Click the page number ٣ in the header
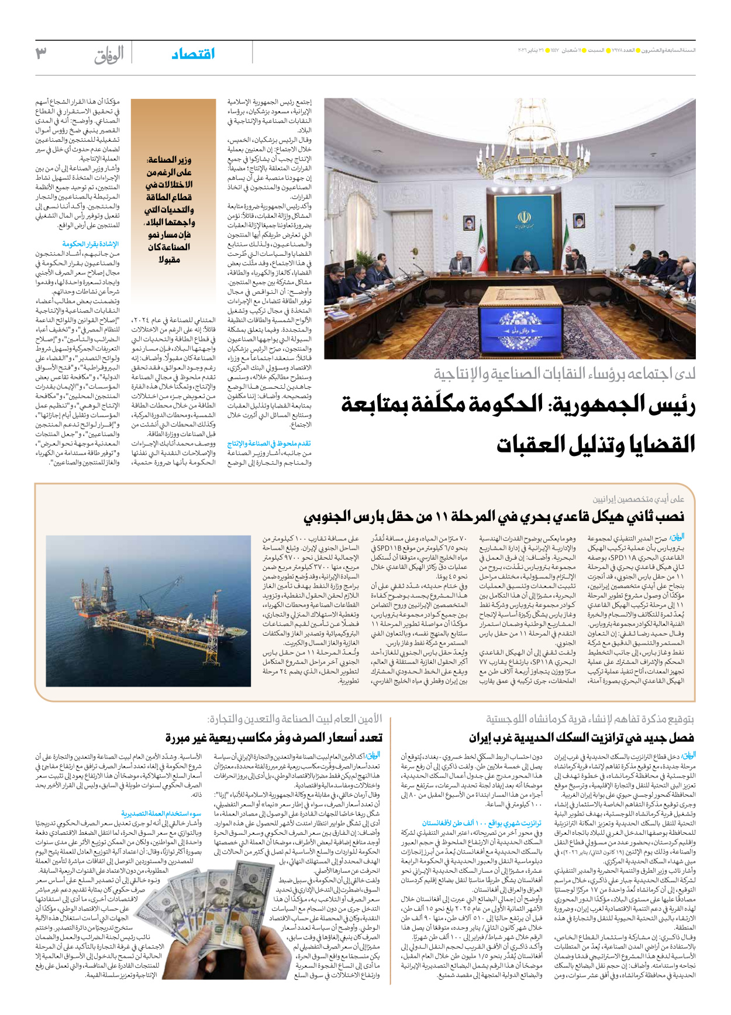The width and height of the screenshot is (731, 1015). [40, 54]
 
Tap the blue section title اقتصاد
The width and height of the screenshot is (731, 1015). [193, 54]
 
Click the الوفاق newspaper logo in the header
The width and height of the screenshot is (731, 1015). [109, 55]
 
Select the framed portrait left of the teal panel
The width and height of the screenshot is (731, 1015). [470, 223]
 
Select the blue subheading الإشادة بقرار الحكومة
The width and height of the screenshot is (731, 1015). [91, 244]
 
